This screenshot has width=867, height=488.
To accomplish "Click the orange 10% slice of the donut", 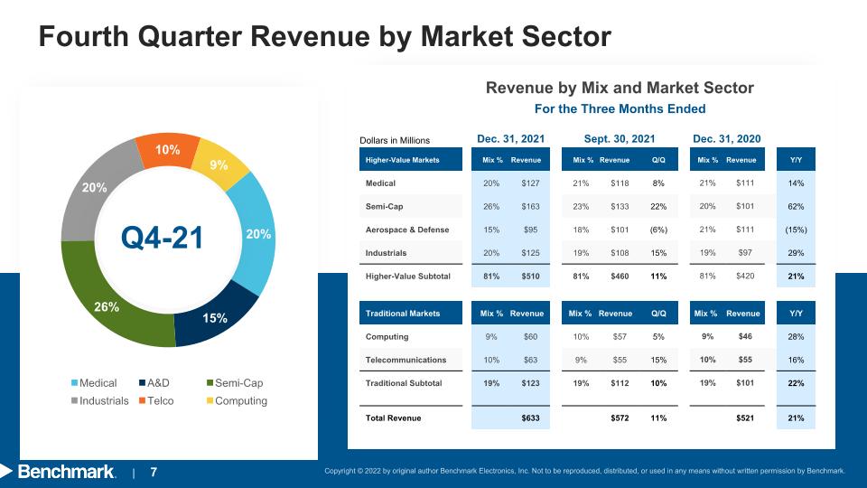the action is point(168,150).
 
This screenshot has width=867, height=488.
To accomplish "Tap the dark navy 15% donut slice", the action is point(216,315).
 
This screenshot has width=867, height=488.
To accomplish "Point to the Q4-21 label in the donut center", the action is point(162,238).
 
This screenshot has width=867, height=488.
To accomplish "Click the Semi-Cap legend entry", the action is point(235,383).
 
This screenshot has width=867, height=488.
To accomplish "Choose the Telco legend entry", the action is point(156,400).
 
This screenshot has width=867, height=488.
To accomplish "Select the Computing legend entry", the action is point(237,400).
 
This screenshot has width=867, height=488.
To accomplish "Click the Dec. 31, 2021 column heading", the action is point(511,139).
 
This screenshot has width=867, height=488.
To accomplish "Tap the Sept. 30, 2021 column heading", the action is point(620,139).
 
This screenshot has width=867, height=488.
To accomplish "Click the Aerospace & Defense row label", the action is point(407,230).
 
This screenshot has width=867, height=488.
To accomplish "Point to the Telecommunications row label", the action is point(406,360).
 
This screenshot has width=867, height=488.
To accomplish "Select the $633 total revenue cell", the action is point(530,418).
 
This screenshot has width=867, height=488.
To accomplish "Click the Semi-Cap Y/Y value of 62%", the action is point(796,206).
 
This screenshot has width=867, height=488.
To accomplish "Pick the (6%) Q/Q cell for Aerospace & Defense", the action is point(658,230).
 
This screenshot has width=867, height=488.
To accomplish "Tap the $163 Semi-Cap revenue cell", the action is point(530,206).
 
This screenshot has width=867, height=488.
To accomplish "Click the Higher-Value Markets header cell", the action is point(411,159).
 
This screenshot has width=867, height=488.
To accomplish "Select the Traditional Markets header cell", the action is point(411,314).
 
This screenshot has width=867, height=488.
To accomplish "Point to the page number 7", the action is point(154,472).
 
